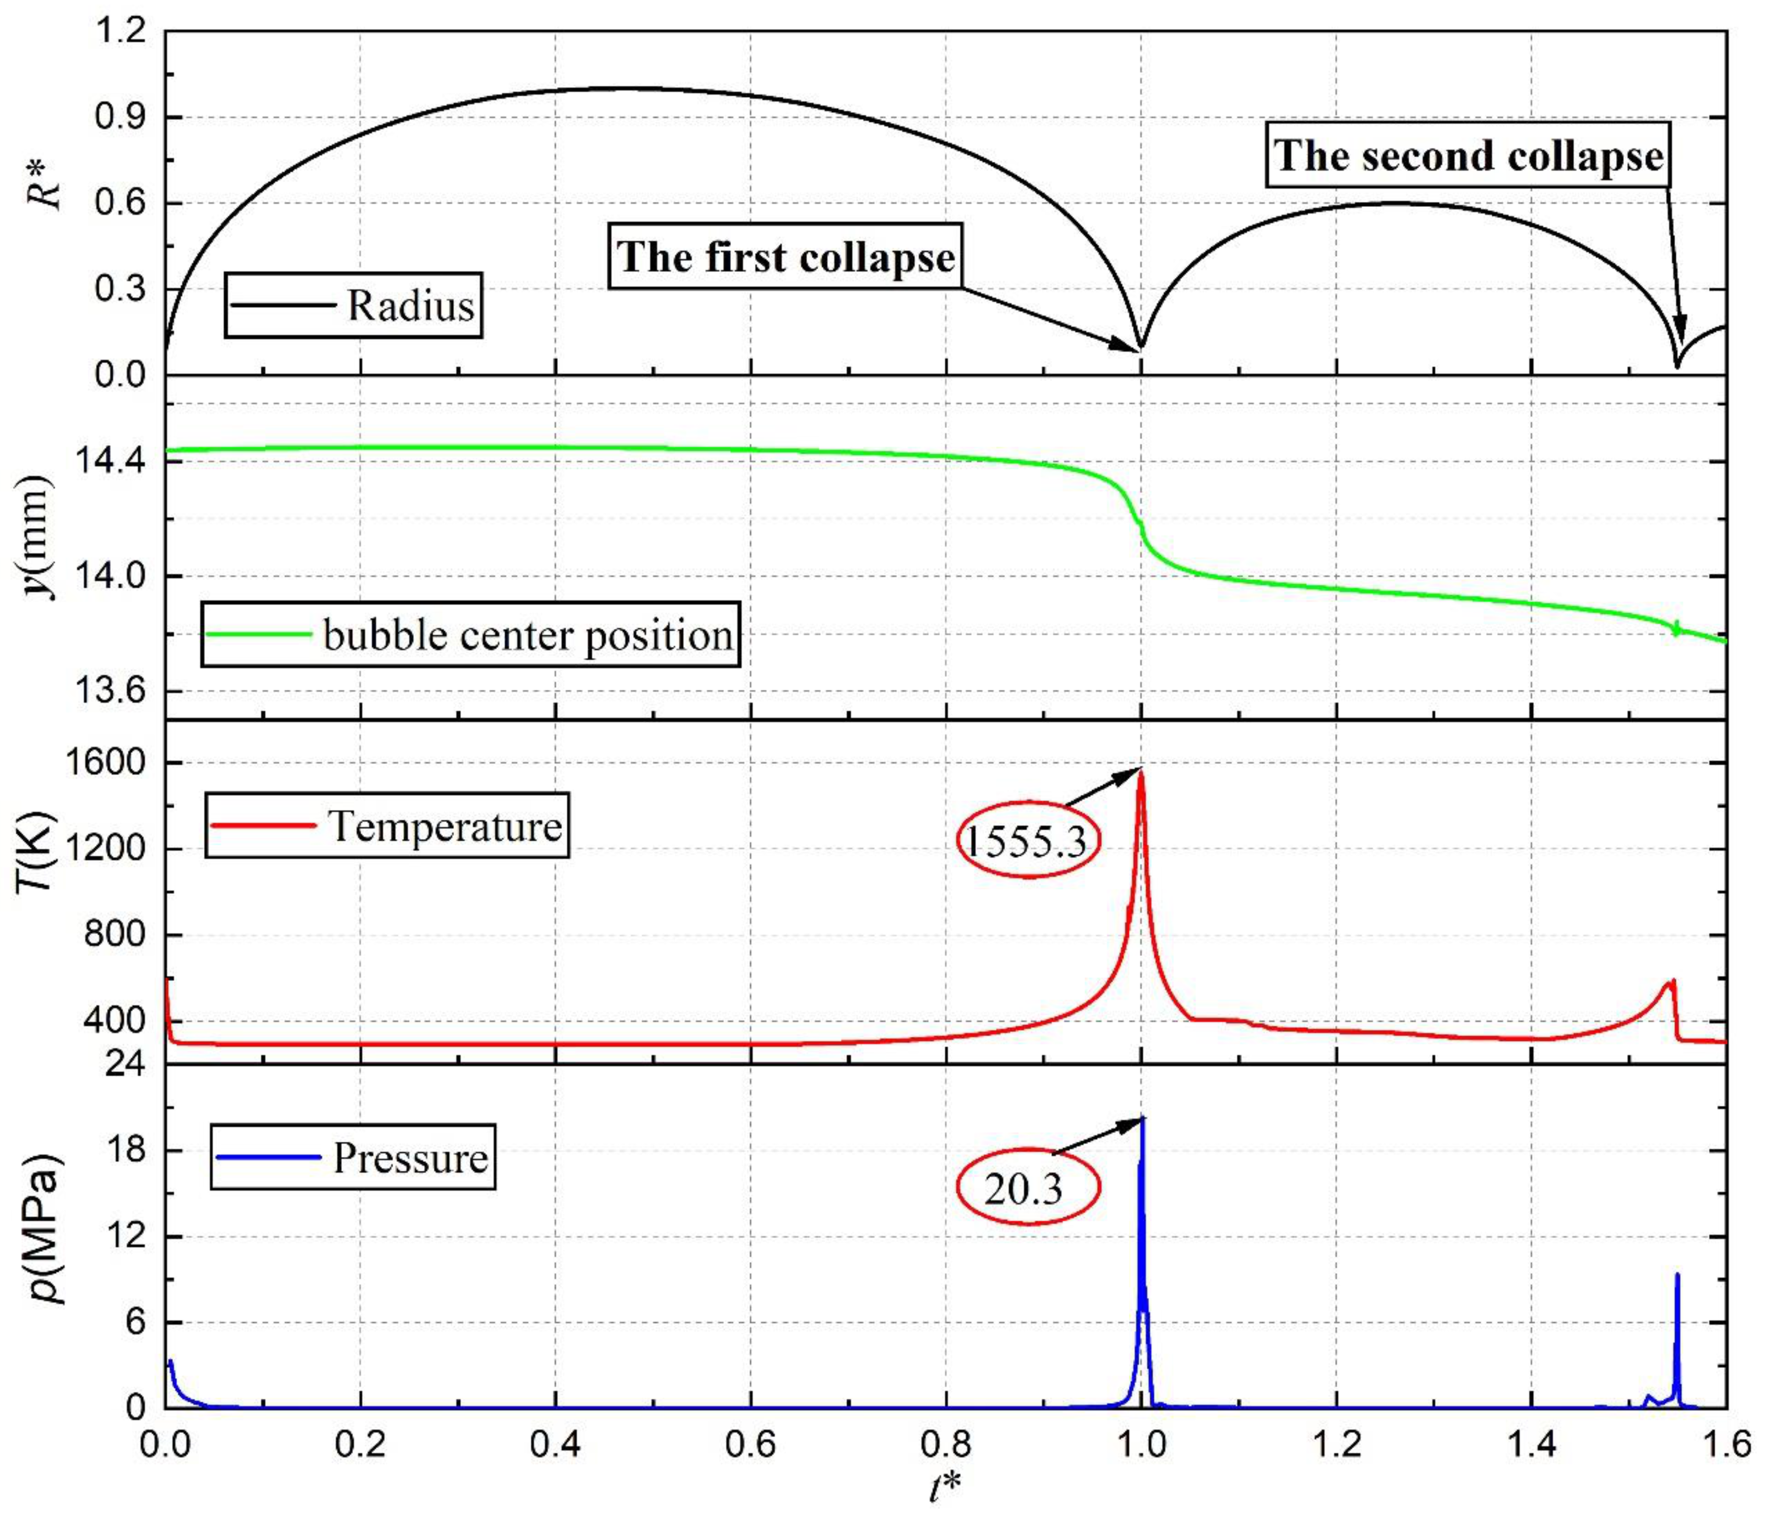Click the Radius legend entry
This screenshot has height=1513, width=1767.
(353, 305)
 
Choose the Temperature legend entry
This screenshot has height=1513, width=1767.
(387, 825)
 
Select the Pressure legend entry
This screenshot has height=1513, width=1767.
(353, 1157)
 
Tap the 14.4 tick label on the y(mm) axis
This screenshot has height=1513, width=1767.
(111, 461)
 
